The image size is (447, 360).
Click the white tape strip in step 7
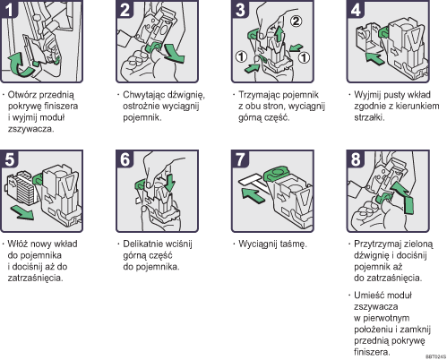254,184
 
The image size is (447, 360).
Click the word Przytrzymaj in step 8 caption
375,243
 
